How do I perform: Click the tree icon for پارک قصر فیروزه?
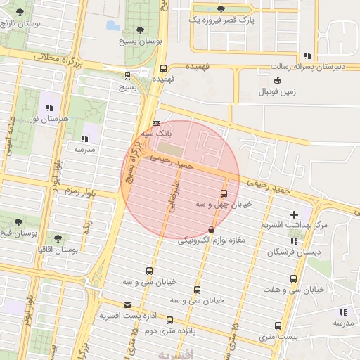coord(221,9)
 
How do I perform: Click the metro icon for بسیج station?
coord(127,76)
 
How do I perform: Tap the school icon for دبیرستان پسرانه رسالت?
coord(307,56)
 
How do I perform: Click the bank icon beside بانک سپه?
coord(155,124)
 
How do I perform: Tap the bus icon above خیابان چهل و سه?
coord(224,193)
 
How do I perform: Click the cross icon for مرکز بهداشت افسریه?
coord(294,214)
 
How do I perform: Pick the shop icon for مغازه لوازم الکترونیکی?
coord(212,230)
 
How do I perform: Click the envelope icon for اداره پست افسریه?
coord(127,305)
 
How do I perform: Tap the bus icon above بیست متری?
coord(278,326)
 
